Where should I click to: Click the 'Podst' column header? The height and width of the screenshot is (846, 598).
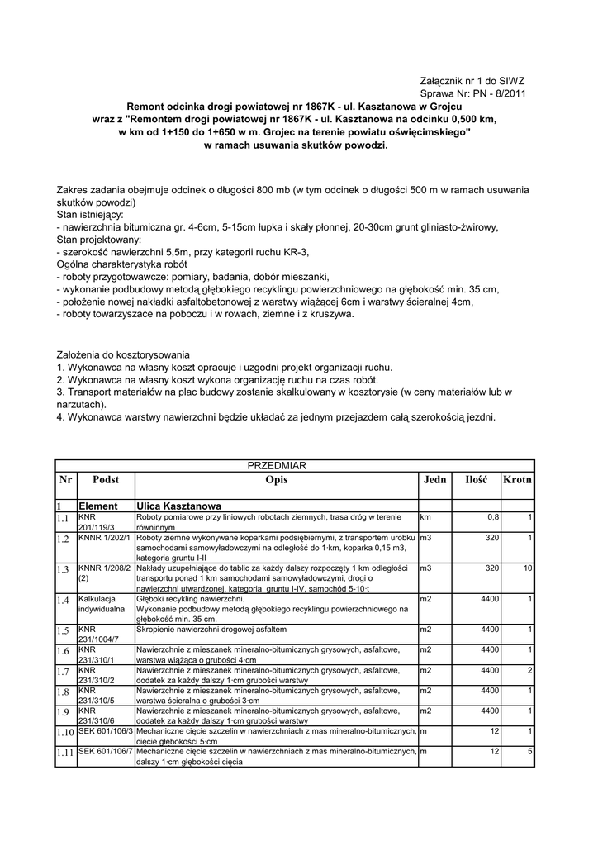click(106, 480)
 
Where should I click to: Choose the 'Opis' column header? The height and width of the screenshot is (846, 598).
click(277, 480)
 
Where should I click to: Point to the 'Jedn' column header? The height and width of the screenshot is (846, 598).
click(434, 480)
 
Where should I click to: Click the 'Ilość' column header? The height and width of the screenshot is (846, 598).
click(477, 480)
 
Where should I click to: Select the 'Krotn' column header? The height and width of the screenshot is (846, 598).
click(518, 480)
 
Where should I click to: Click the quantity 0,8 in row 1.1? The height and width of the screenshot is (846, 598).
click(492, 517)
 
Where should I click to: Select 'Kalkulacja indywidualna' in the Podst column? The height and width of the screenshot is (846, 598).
click(100, 603)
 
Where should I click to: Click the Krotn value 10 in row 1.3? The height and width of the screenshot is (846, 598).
click(527, 569)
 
